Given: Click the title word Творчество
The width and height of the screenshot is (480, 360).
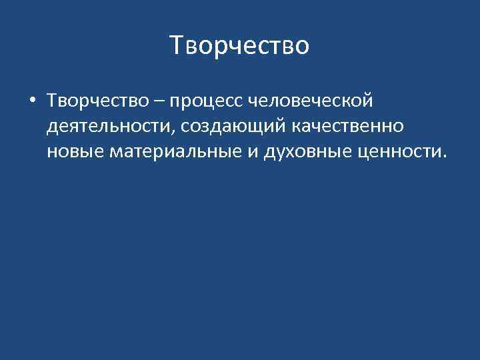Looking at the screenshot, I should (239, 46).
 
